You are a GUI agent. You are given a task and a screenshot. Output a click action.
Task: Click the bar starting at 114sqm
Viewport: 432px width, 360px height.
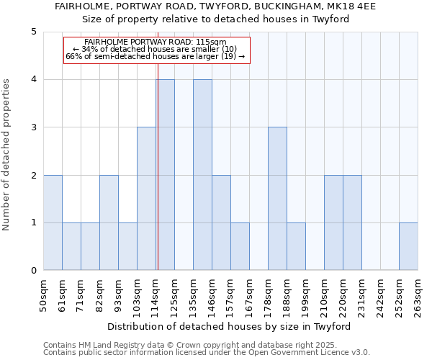tap(165, 175)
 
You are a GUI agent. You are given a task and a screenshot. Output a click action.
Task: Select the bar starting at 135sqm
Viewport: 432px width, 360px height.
tap(202, 175)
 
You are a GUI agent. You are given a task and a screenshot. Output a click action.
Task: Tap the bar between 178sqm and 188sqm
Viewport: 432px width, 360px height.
tap(277, 199)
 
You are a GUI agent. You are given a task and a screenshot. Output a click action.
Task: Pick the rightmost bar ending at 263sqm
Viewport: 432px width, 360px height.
tap(408, 247)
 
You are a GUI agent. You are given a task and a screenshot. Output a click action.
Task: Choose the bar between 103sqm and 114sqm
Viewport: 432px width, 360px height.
tap(146, 199)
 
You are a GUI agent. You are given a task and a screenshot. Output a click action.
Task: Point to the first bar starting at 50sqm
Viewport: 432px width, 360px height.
tap(53, 222)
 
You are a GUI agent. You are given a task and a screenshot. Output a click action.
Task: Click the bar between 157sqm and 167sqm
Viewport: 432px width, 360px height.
tap(240, 247)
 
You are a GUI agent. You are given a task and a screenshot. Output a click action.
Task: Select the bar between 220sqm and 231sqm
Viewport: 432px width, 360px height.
tap(352, 222)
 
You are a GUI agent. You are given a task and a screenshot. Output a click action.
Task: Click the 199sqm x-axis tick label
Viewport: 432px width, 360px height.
tap(305, 294)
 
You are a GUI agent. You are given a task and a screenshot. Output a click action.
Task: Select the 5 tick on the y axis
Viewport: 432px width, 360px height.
tap(33, 32)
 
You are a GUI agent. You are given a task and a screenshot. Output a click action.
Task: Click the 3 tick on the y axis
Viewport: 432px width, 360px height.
tap(33, 127)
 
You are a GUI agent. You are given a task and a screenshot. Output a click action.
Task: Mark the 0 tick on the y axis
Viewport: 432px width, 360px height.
tap(33, 271)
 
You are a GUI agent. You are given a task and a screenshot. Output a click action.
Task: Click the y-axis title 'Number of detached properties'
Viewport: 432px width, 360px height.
tap(7, 155)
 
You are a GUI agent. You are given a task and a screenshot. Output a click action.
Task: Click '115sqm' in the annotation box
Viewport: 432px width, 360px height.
tap(212, 42)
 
